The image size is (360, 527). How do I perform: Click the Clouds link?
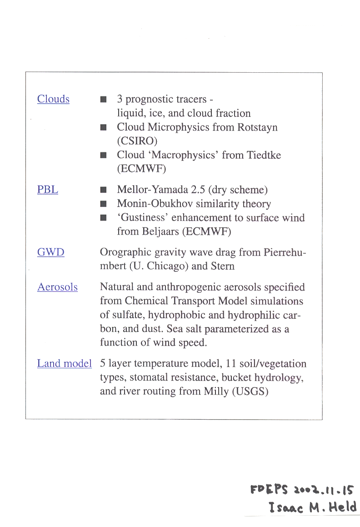[53, 99]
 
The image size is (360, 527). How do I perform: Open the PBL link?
[48, 190]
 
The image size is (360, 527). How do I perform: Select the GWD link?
[51, 252]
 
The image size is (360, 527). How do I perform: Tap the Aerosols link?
[57, 287]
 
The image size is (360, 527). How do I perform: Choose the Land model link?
[65, 364]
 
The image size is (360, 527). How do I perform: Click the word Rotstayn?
[257, 127]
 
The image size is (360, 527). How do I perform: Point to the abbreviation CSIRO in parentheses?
[137, 141]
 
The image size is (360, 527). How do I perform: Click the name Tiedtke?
[264, 155]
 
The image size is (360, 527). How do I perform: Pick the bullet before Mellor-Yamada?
[104, 190]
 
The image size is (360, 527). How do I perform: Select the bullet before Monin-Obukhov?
[104, 204]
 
